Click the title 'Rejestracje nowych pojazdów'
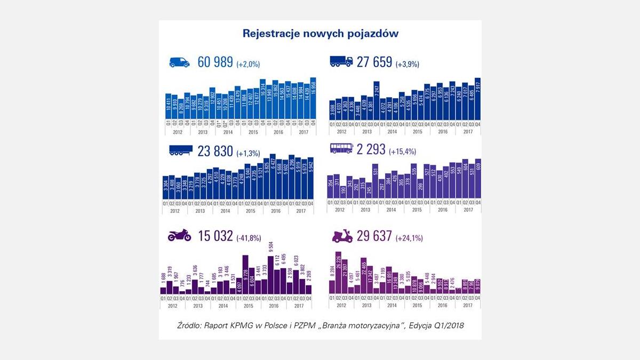321,34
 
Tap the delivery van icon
179,62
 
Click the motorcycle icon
179,235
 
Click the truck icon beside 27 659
341,62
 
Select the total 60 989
215,62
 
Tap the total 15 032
215,235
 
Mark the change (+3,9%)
407,64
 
